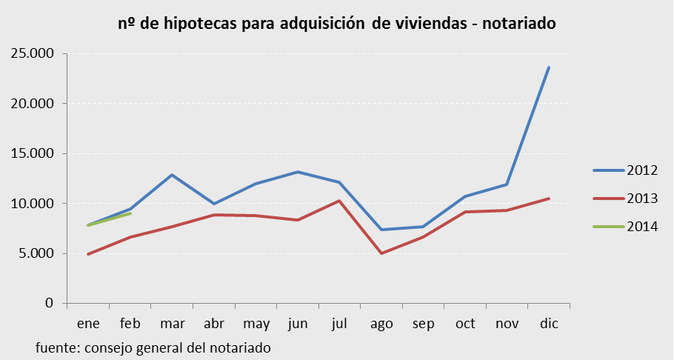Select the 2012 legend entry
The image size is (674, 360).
[x=625, y=170]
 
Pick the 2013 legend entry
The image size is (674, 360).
[x=625, y=199]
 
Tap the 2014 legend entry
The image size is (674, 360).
[x=625, y=227]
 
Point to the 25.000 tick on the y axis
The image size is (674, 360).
[x=34, y=53]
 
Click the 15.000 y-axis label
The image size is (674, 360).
[x=34, y=153]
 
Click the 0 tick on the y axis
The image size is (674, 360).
[x=50, y=303]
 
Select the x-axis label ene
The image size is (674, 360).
[x=88, y=324]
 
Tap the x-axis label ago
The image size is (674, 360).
[x=381, y=324]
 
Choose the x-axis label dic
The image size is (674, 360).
[x=549, y=324]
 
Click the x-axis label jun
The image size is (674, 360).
[x=298, y=324]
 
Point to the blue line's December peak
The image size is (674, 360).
[x=549, y=67]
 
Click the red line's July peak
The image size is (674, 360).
[x=339, y=201]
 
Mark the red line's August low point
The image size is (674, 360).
[x=381, y=253]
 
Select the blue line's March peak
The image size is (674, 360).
[x=172, y=175]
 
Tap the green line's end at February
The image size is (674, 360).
[x=130, y=213]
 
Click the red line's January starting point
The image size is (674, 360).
[x=88, y=254]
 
